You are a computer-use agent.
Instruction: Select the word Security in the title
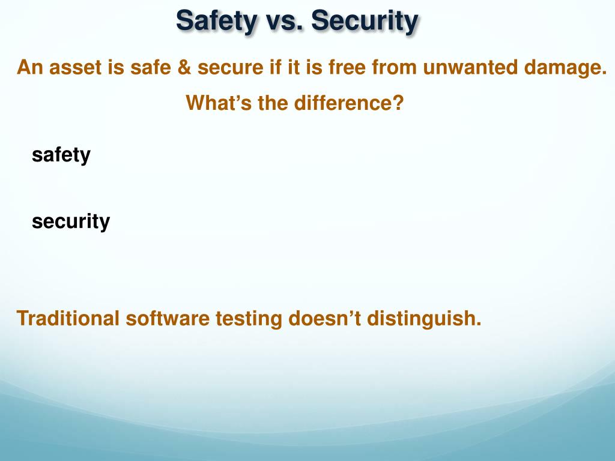coord(365,21)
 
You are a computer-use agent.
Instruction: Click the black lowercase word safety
coord(61,155)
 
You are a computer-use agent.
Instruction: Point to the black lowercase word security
coord(71,221)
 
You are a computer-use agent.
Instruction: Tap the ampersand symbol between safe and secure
coord(184,68)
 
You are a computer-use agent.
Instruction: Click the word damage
coord(566,68)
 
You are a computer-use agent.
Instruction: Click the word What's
coord(219,103)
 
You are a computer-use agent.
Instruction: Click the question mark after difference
coord(398,103)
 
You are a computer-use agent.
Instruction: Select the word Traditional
coord(68,318)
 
